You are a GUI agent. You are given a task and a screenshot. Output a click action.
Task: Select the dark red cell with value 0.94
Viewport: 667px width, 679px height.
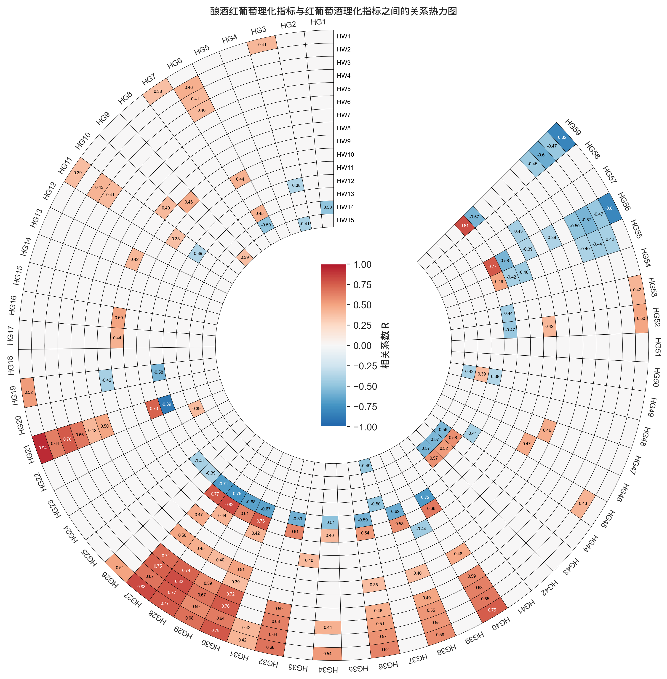coord(42,448)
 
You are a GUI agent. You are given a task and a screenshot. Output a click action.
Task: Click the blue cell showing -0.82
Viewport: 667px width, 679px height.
coord(562,137)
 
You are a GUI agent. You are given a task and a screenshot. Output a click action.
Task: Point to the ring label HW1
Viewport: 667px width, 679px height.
coord(344,36)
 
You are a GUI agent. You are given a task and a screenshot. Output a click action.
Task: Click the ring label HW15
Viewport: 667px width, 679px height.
coord(345,220)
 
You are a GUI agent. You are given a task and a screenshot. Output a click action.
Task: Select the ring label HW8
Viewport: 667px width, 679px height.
coord(344,128)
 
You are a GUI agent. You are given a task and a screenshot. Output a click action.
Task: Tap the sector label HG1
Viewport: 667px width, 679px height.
coord(318,22)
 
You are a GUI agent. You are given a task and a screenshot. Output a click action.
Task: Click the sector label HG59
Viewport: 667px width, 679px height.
coord(573,126)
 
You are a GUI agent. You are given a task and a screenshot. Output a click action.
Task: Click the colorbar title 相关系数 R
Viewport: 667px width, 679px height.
coord(385,346)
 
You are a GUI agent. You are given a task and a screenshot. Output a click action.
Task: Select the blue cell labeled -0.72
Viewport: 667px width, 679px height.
coord(424,497)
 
